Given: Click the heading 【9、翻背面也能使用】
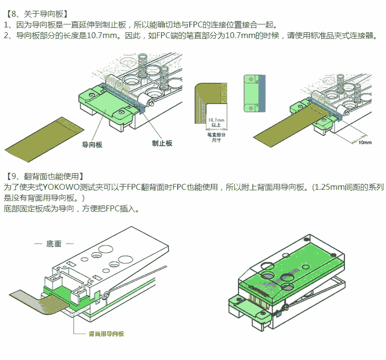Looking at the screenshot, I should pyautogui.click(x=44, y=176).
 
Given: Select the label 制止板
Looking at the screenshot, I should pyautogui.click(x=162, y=143).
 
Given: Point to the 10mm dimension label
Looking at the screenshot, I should pyautogui.click(x=365, y=142).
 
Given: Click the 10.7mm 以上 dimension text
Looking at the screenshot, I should pyautogui.click(x=216, y=122).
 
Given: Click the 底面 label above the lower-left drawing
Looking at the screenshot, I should pyautogui.click(x=54, y=244).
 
